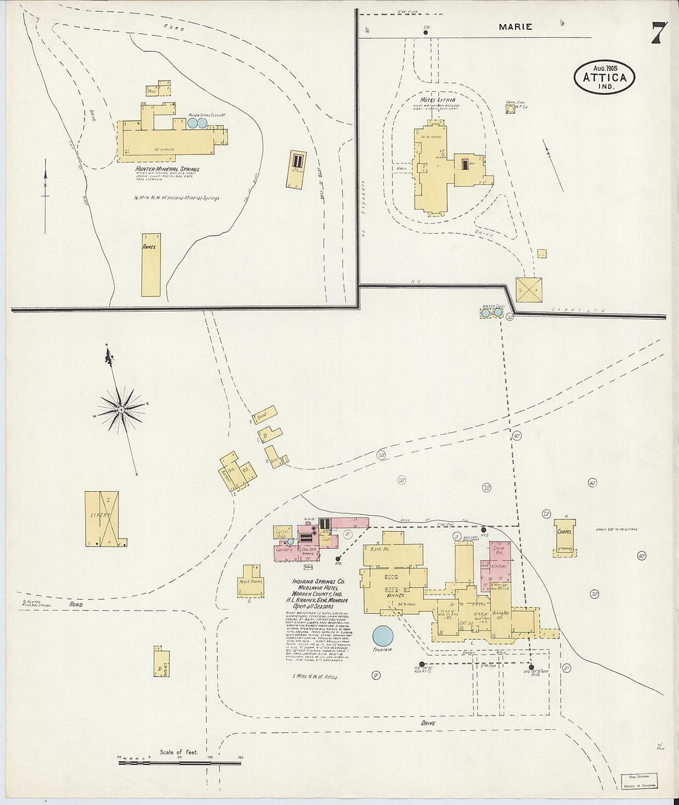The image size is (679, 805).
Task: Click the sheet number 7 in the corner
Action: point(658,33)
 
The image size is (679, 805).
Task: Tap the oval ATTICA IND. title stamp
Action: point(604,77)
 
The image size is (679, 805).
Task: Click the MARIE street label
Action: point(515,27)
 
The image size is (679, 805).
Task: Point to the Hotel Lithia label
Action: point(438,99)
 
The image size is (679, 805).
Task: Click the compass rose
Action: point(122,408)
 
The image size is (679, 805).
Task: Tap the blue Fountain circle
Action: point(383,635)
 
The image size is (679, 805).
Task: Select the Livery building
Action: point(102,518)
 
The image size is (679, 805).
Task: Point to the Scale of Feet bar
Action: point(179,763)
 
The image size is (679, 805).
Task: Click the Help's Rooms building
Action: point(251,581)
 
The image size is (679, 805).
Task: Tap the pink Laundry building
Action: point(285,549)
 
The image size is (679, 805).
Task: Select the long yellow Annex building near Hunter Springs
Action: point(151,265)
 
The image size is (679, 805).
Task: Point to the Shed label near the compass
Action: point(261,417)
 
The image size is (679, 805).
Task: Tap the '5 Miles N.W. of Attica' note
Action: point(315,677)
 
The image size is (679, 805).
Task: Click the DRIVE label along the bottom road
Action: point(428,723)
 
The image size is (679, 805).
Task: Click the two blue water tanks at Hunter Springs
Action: point(197,123)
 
